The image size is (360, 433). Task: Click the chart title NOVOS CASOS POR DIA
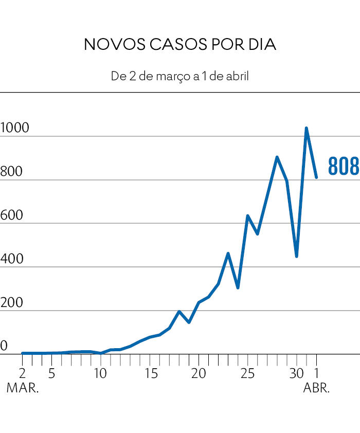coord(179,45)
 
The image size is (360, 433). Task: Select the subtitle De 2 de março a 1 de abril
coord(179,77)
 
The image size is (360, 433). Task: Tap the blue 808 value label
coord(343,167)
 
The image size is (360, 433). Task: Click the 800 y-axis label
coord(12,172)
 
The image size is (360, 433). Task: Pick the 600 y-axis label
coord(12,215)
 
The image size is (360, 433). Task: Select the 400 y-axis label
coord(12,259)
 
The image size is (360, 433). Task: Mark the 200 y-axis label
coord(12,303)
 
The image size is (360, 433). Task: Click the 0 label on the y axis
coord(3,346)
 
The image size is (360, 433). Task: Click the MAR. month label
coord(23,388)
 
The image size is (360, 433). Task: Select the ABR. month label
coord(316,388)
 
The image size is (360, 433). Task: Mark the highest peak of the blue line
coord(307,128)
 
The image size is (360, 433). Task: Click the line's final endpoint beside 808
coord(316,177)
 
